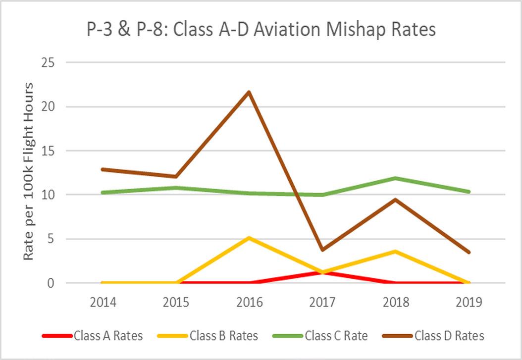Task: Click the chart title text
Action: (261, 29)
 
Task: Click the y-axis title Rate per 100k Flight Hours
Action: (29, 172)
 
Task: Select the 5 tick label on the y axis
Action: (51, 239)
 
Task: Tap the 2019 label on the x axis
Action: (469, 302)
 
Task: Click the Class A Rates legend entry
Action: (93, 336)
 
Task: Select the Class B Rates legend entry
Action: (208, 336)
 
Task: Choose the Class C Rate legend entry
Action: (320, 336)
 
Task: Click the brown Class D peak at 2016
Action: (249, 92)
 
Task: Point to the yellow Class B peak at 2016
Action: (249, 238)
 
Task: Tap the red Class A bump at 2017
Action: (322, 272)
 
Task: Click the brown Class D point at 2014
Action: (102, 169)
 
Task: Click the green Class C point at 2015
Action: (176, 188)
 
